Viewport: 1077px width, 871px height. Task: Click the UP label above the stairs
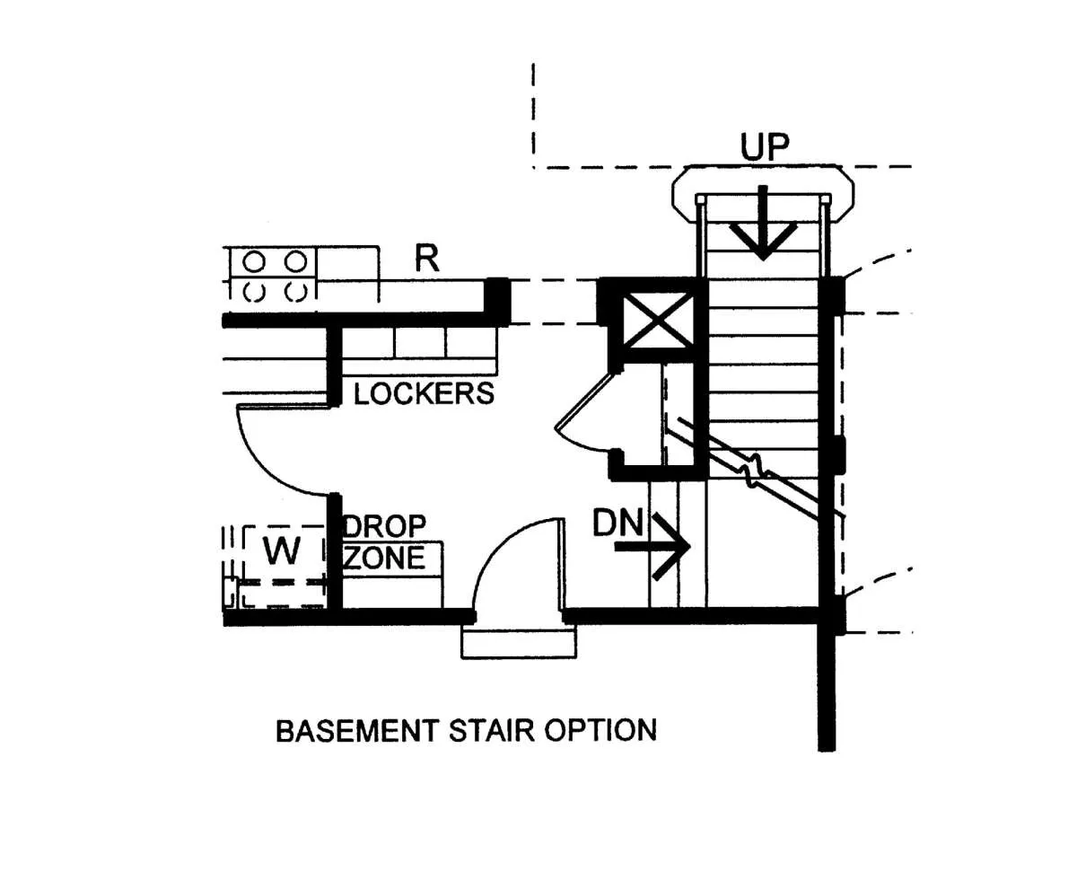click(x=764, y=148)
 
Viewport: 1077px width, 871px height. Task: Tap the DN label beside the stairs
click(x=618, y=523)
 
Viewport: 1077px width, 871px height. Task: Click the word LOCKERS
click(x=424, y=393)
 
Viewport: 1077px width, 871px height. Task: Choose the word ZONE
click(x=385, y=558)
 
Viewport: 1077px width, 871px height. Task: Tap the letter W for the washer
click(x=282, y=550)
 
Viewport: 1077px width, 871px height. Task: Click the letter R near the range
click(x=427, y=259)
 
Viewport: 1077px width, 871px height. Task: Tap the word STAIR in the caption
click(x=482, y=730)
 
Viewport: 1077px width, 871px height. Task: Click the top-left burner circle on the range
click(x=255, y=262)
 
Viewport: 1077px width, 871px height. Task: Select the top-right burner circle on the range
click(x=296, y=262)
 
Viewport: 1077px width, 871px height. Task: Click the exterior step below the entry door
click(x=518, y=642)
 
